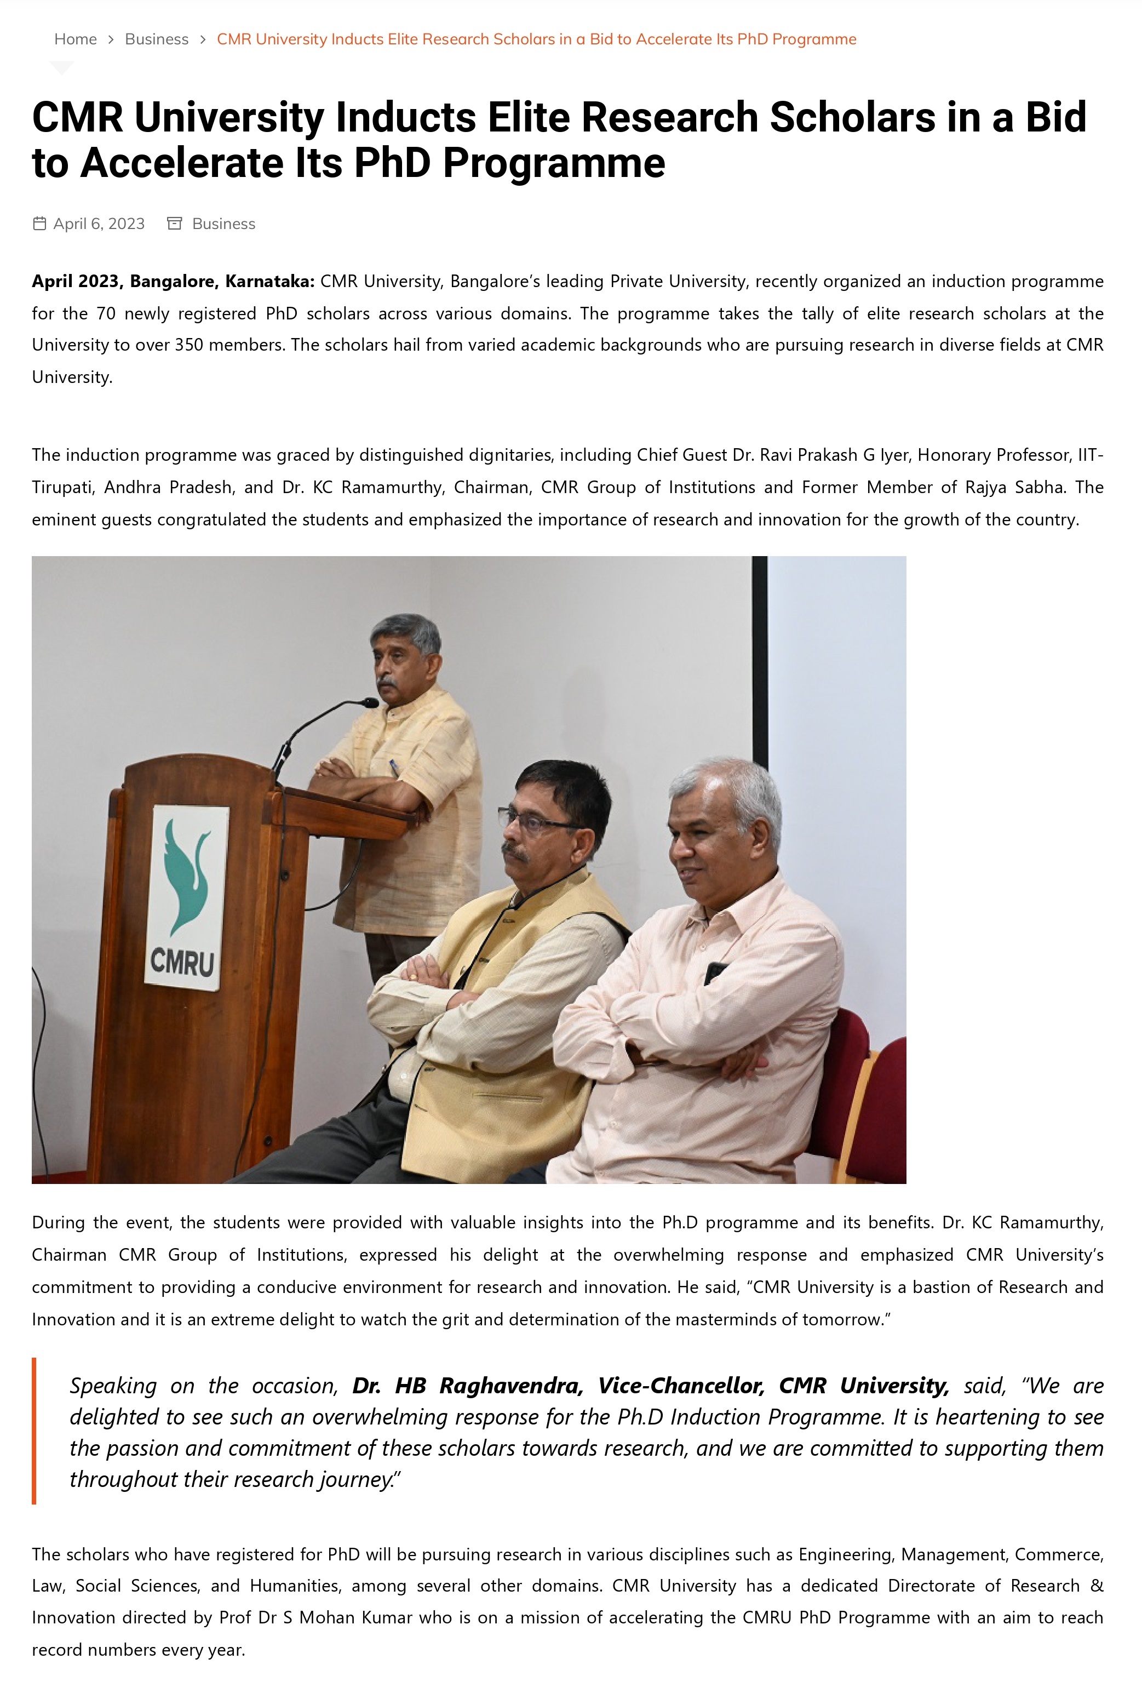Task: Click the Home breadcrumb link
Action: [x=75, y=39]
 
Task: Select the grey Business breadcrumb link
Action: [x=157, y=39]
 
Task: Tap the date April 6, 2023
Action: [x=99, y=224]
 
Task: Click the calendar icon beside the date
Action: [x=39, y=224]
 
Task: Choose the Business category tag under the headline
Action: [x=223, y=224]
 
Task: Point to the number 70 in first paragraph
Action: [x=106, y=313]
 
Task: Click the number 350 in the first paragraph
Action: [x=188, y=345]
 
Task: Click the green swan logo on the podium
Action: [x=186, y=874]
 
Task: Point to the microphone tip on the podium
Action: [x=371, y=702]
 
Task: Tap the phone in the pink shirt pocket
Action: [x=715, y=973]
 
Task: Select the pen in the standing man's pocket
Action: [x=394, y=767]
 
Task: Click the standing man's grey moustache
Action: [x=387, y=683]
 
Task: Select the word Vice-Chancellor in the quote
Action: [x=681, y=1386]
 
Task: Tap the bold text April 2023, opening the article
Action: [x=75, y=281]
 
